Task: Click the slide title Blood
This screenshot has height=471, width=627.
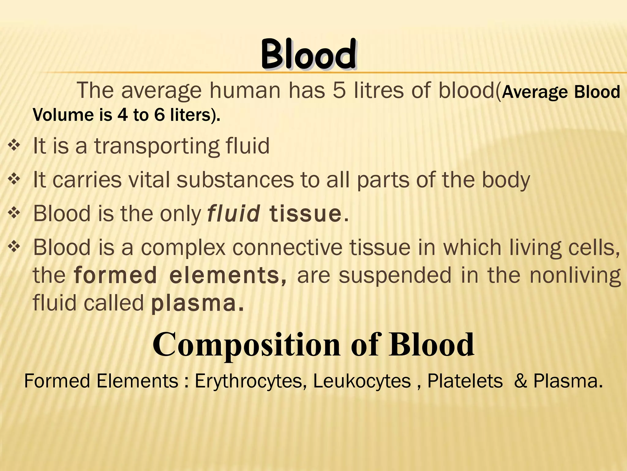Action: click(x=308, y=55)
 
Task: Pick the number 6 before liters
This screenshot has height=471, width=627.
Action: click(x=159, y=115)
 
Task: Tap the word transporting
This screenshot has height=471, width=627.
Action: click(x=156, y=146)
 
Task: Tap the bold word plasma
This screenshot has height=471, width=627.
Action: click(x=194, y=303)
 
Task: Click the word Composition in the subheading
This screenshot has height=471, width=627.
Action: click(x=246, y=345)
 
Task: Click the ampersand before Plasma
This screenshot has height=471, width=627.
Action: click(x=520, y=381)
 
